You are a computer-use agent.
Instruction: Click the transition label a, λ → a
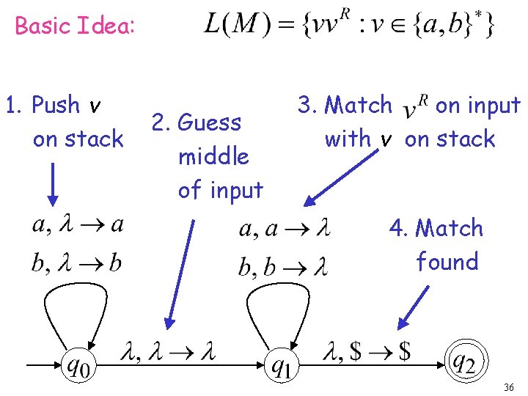78,225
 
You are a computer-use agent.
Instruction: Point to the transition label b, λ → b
76,263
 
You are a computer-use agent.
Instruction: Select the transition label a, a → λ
285,230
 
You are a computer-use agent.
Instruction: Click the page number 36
510,386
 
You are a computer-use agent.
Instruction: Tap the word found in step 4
447,262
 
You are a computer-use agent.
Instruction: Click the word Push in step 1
56,106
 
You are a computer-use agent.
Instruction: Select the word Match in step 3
359,106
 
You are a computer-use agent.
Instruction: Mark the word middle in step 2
213,156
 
